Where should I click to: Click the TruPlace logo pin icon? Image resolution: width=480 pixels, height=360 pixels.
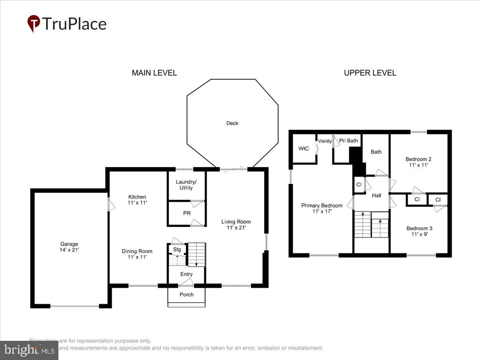(34, 23)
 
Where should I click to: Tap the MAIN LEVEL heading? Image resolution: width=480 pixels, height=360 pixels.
(154, 73)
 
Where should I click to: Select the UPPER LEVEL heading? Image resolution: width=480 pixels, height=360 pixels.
(370, 73)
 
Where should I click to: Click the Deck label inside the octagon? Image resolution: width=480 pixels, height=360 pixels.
(232, 123)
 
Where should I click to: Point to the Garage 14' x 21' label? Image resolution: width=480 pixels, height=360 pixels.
(69, 247)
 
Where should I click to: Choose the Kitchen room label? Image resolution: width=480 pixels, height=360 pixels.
(137, 200)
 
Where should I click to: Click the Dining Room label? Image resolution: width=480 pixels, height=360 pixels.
(137, 254)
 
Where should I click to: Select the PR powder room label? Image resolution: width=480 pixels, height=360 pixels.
(187, 213)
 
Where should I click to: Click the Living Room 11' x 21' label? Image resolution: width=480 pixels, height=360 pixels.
(236, 224)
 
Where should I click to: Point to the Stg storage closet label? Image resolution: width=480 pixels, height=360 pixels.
(177, 250)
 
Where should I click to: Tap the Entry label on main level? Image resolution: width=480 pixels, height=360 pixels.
(186, 274)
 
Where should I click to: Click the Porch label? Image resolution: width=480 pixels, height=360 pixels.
(186, 294)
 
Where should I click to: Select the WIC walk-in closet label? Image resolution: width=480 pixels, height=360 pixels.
(304, 148)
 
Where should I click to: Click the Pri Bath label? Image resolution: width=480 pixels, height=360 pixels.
(348, 140)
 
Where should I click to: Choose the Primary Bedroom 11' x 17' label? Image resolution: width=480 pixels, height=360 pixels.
(322, 208)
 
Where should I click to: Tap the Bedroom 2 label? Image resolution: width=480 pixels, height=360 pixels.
(418, 162)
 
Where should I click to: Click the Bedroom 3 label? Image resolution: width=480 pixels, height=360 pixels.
(419, 231)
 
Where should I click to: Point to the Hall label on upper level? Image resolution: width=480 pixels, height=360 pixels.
(376, 196)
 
